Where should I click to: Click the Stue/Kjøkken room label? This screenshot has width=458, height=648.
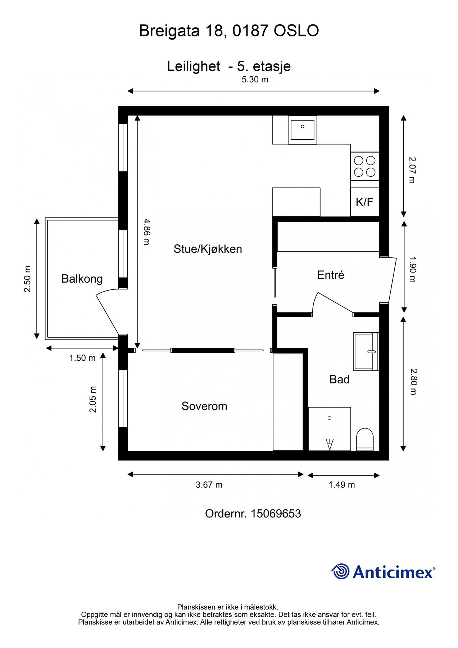(x=208, y=249)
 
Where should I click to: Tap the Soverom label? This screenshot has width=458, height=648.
(x=204, y=406)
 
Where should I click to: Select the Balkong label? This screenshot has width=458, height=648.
(x=82, y=279)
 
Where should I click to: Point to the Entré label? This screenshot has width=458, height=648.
(x=330, y=275)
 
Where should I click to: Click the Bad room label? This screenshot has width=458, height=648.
(x=339, y=379)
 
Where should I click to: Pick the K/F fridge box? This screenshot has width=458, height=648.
(x=364, y=202)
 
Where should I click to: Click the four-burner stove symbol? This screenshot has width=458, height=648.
(x=364, y=166)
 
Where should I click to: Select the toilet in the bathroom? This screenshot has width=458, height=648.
(x=365, y=439)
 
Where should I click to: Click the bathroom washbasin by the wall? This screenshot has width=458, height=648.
(x=366, y=351)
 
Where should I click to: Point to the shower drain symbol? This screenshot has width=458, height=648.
(x=329, y=418)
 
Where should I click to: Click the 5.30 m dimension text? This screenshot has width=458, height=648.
(x=255, y=80)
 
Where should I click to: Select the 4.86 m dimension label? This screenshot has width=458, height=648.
(x=146, y=232)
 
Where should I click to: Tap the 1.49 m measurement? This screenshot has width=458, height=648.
(x=341, y=485)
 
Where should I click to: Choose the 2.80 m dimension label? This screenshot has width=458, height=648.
(x=413, y=382)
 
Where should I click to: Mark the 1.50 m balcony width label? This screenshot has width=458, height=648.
(x=82, y=358)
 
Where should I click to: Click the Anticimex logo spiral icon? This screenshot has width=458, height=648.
(x=340, y=571)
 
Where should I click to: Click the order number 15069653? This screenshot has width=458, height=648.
(x=275, y=514)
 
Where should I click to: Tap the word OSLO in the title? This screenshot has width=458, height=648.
(x=296, y=31)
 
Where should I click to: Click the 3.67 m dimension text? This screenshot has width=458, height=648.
(x=209, y=485)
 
